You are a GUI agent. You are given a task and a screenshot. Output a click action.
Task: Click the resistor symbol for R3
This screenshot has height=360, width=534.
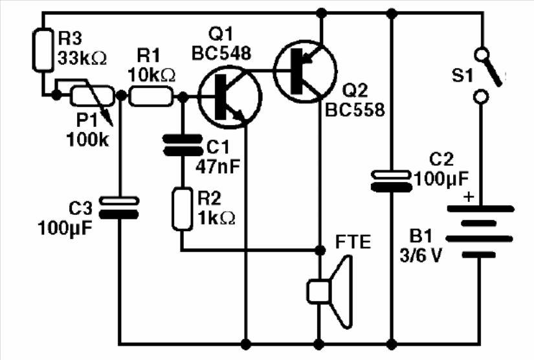[x=43, y=50]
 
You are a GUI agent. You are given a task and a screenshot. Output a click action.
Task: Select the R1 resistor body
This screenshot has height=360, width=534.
[x=151, y=96]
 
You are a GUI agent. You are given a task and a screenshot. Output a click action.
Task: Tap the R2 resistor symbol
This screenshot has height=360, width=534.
[x=182, y=208]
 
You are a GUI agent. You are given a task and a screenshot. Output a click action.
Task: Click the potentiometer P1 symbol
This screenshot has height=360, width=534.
[x=92, y=96]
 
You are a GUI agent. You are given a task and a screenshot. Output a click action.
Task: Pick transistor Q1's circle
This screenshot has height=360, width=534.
[x=230, y=96]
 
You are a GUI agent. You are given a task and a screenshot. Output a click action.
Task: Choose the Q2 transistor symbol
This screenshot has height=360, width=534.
[x=305, y=71]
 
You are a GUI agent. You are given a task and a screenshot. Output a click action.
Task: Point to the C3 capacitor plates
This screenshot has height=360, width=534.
[x=119, y=207]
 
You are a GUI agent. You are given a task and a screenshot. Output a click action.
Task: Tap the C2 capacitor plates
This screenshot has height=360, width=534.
[x=392, y=181]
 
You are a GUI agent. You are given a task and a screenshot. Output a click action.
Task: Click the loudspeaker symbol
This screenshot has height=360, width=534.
[x=329, y=292]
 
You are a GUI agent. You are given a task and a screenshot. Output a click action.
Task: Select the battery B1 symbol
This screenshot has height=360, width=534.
[x=480, y=232]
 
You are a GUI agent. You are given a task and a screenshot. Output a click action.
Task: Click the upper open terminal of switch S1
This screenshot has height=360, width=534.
[x=481, y=54]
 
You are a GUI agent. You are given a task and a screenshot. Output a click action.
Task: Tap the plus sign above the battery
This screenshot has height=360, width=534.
[x=469, y=197]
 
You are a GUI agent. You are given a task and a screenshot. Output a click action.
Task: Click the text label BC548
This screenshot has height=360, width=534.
[x=221, y=53]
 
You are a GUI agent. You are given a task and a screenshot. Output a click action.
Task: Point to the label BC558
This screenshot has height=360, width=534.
[x=355, y=109]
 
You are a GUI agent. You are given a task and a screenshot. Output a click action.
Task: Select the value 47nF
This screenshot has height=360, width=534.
[x=218, y=166]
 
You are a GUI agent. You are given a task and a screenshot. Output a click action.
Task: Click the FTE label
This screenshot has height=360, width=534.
[x=353, y=242]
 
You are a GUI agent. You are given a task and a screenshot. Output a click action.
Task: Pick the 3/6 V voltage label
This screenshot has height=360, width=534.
[x=421, y=255]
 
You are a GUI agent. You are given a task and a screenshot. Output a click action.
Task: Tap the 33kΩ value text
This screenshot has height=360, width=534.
[x=82, y=58]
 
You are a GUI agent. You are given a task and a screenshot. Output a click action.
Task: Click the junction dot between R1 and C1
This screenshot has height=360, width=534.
[x=183, y=96]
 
